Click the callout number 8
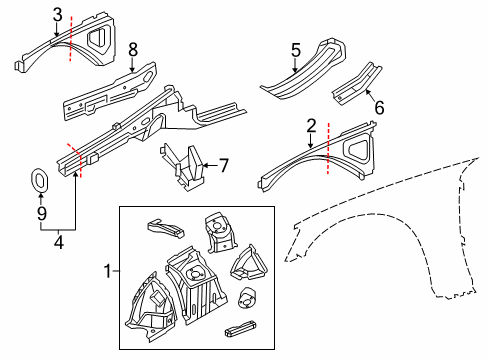click(133, 48)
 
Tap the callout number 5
click(295, 49)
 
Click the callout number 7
click(225, 165)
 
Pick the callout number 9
click(41, 213)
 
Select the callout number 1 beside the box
click(109, 270)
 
